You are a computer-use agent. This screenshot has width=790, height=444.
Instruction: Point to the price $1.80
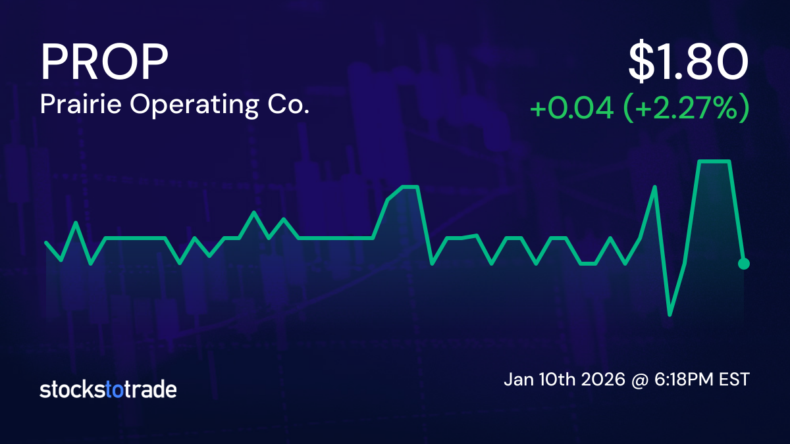click(x=688, y=62)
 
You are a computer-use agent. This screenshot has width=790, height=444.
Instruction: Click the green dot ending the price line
click(x=744, y=264)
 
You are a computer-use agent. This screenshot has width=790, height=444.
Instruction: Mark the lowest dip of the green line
click(x=670, y=314)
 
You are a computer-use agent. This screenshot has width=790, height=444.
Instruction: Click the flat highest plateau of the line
click(x=714, y=161)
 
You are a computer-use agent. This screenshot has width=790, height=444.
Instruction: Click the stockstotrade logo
click(x=108, y=389)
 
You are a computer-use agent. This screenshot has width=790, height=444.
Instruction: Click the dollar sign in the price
click(x=643, y=62)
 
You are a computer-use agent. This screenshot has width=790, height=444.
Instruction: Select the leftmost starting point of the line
click(x=46, y=243)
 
